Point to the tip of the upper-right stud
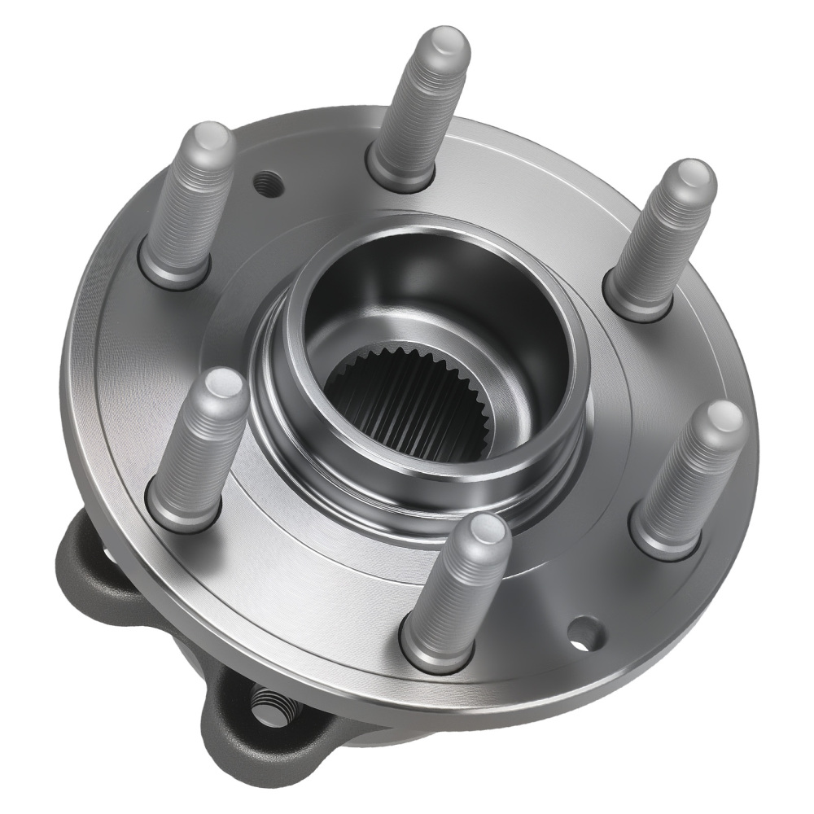coord(694,177)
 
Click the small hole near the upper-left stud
coord(266,185)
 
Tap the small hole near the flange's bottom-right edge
coord(584,633)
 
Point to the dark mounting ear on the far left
coord(85,562)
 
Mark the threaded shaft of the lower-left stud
coord(203,448)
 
